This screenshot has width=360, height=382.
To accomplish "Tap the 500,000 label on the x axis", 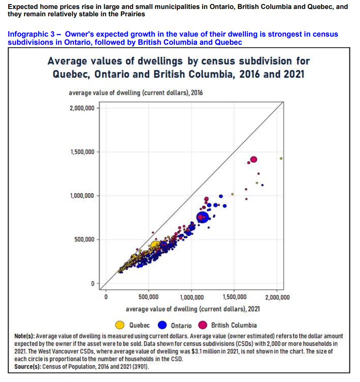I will [148, 297].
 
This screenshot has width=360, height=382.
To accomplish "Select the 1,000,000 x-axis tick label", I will [191, 297].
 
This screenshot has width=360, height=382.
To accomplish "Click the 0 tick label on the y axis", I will [92, 283].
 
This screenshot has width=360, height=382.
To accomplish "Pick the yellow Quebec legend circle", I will [120, 325].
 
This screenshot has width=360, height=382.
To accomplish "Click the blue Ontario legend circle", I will [162, 325].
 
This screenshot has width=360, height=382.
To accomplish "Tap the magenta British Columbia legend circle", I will [203, 325].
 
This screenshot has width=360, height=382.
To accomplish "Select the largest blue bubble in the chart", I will [203, 217].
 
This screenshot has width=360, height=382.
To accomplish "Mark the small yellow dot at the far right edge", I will [281, 158].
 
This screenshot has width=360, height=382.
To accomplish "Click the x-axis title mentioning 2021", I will [193, 309].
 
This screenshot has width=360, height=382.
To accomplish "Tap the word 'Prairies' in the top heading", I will [133, 14].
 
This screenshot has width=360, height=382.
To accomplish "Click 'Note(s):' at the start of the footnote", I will [25, 336].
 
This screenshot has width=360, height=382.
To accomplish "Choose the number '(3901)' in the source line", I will [141, 367].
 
